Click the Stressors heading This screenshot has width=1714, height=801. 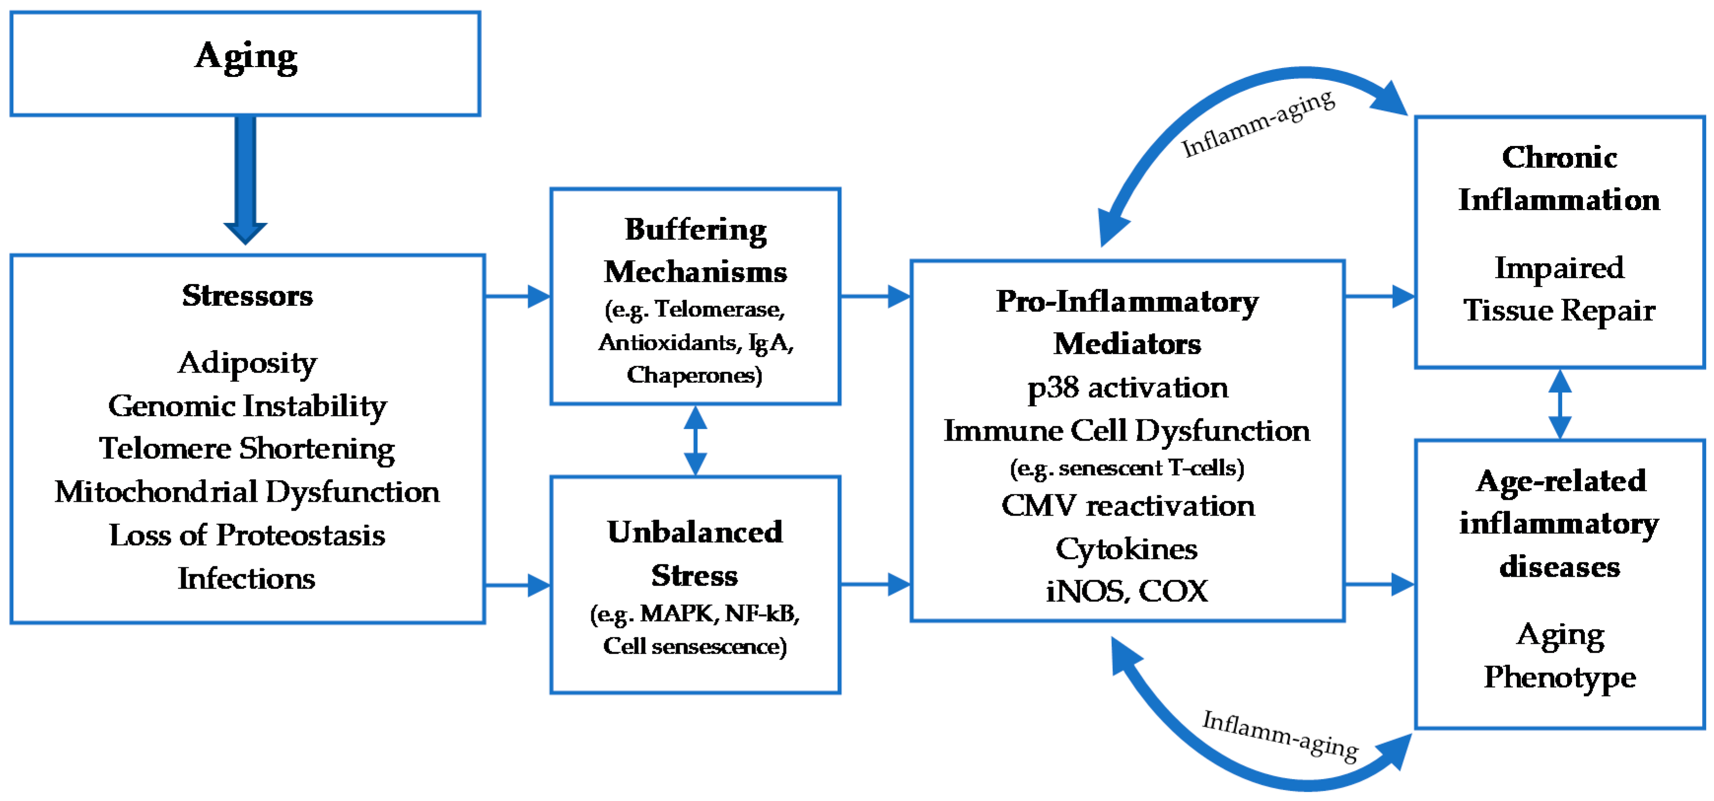tap(247, 295)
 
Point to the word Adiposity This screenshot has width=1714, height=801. tap(247, 363)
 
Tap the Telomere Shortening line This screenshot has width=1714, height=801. tap(247, 449)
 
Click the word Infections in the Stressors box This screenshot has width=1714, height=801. tap(246, 578)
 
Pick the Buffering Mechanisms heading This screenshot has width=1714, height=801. tap(695, 250)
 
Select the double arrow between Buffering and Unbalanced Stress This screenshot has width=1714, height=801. tap(695, 440)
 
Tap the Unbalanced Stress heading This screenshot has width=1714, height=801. tap(695, 554)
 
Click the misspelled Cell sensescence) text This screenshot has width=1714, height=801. tap(695, 646)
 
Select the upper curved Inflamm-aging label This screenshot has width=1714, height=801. tap(1258, 124)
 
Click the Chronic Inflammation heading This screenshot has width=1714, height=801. tap(1559, 178)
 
